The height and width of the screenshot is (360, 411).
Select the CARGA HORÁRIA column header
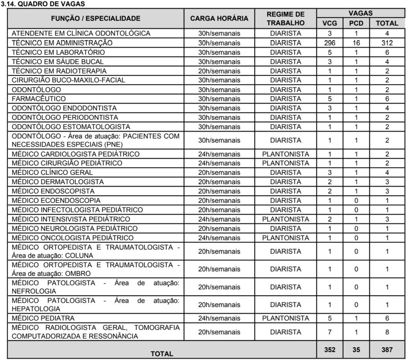(219, 18)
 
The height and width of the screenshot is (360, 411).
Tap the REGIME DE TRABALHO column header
(285, 18)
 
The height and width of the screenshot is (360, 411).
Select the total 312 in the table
(387, 43)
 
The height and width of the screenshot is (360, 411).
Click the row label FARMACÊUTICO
(39, 98)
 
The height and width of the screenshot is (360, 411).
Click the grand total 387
(387, 350)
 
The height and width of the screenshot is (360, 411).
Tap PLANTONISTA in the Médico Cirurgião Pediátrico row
(285, 163)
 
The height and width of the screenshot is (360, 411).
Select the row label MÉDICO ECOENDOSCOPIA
(56, 200)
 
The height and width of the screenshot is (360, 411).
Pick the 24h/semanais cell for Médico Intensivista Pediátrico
(219, 219)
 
